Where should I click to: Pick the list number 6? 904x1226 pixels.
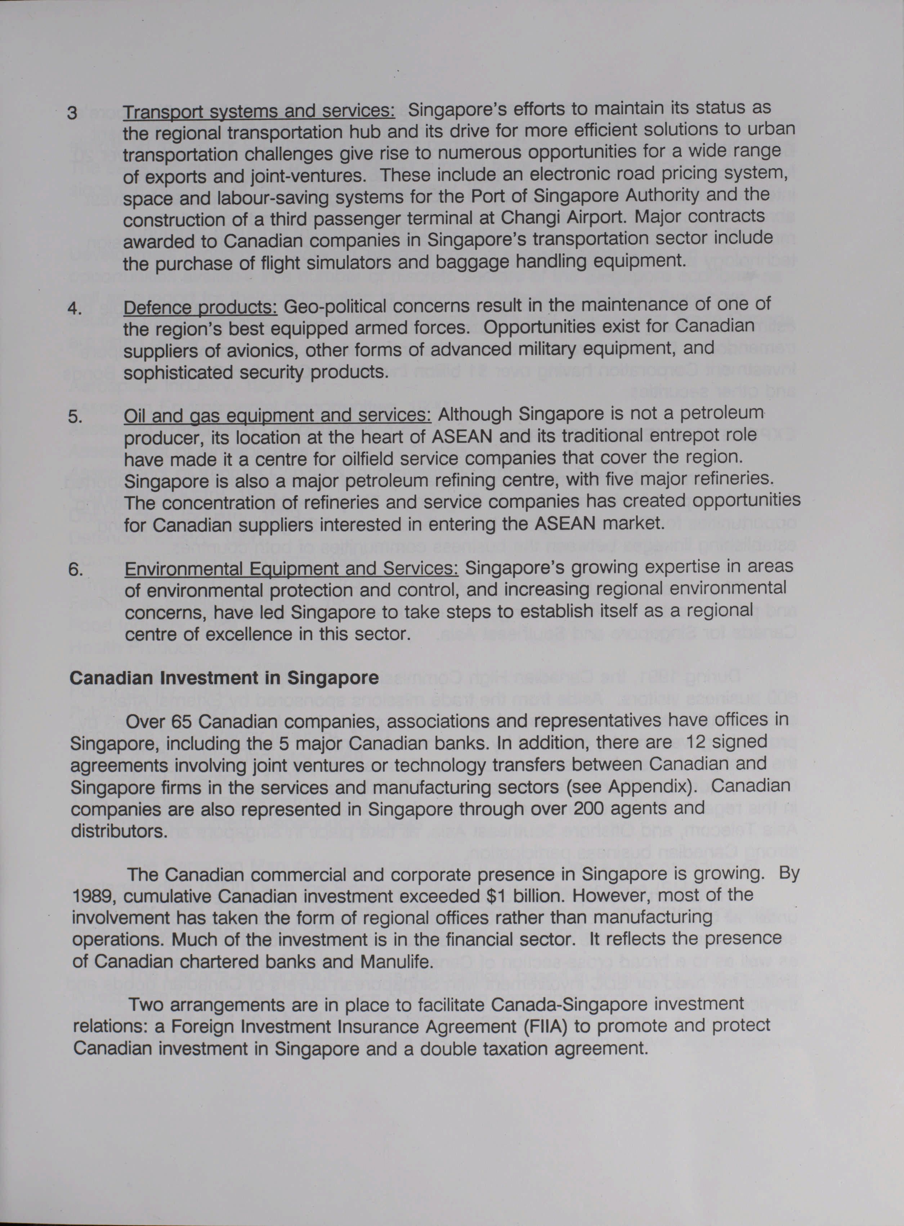click(x=76, y=570)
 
